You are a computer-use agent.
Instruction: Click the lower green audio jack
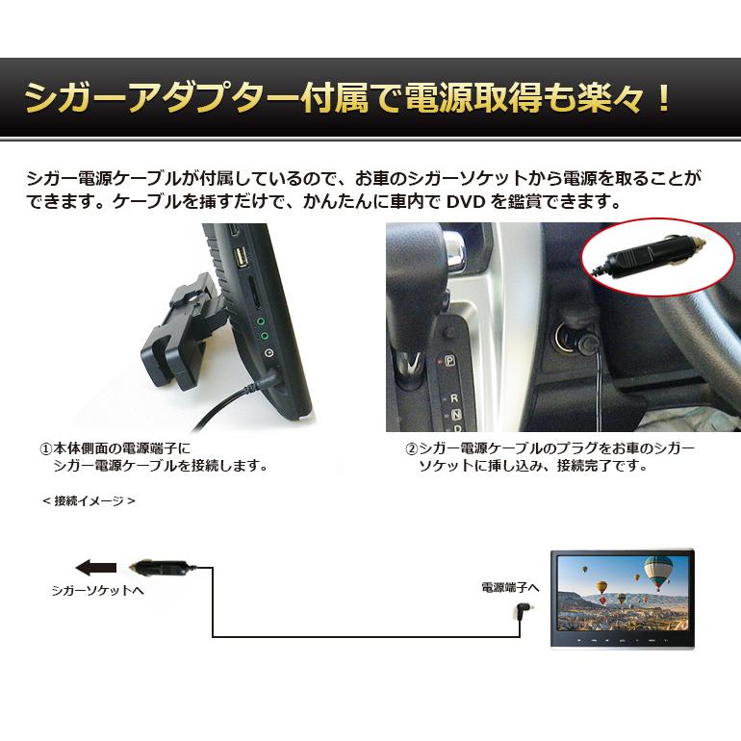click(x=265, y=338)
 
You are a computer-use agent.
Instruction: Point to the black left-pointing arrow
click(x=96, y=567)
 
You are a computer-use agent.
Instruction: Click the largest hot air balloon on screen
click(x=657, y=575)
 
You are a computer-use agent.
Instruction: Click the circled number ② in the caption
click(x=411, y=449)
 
